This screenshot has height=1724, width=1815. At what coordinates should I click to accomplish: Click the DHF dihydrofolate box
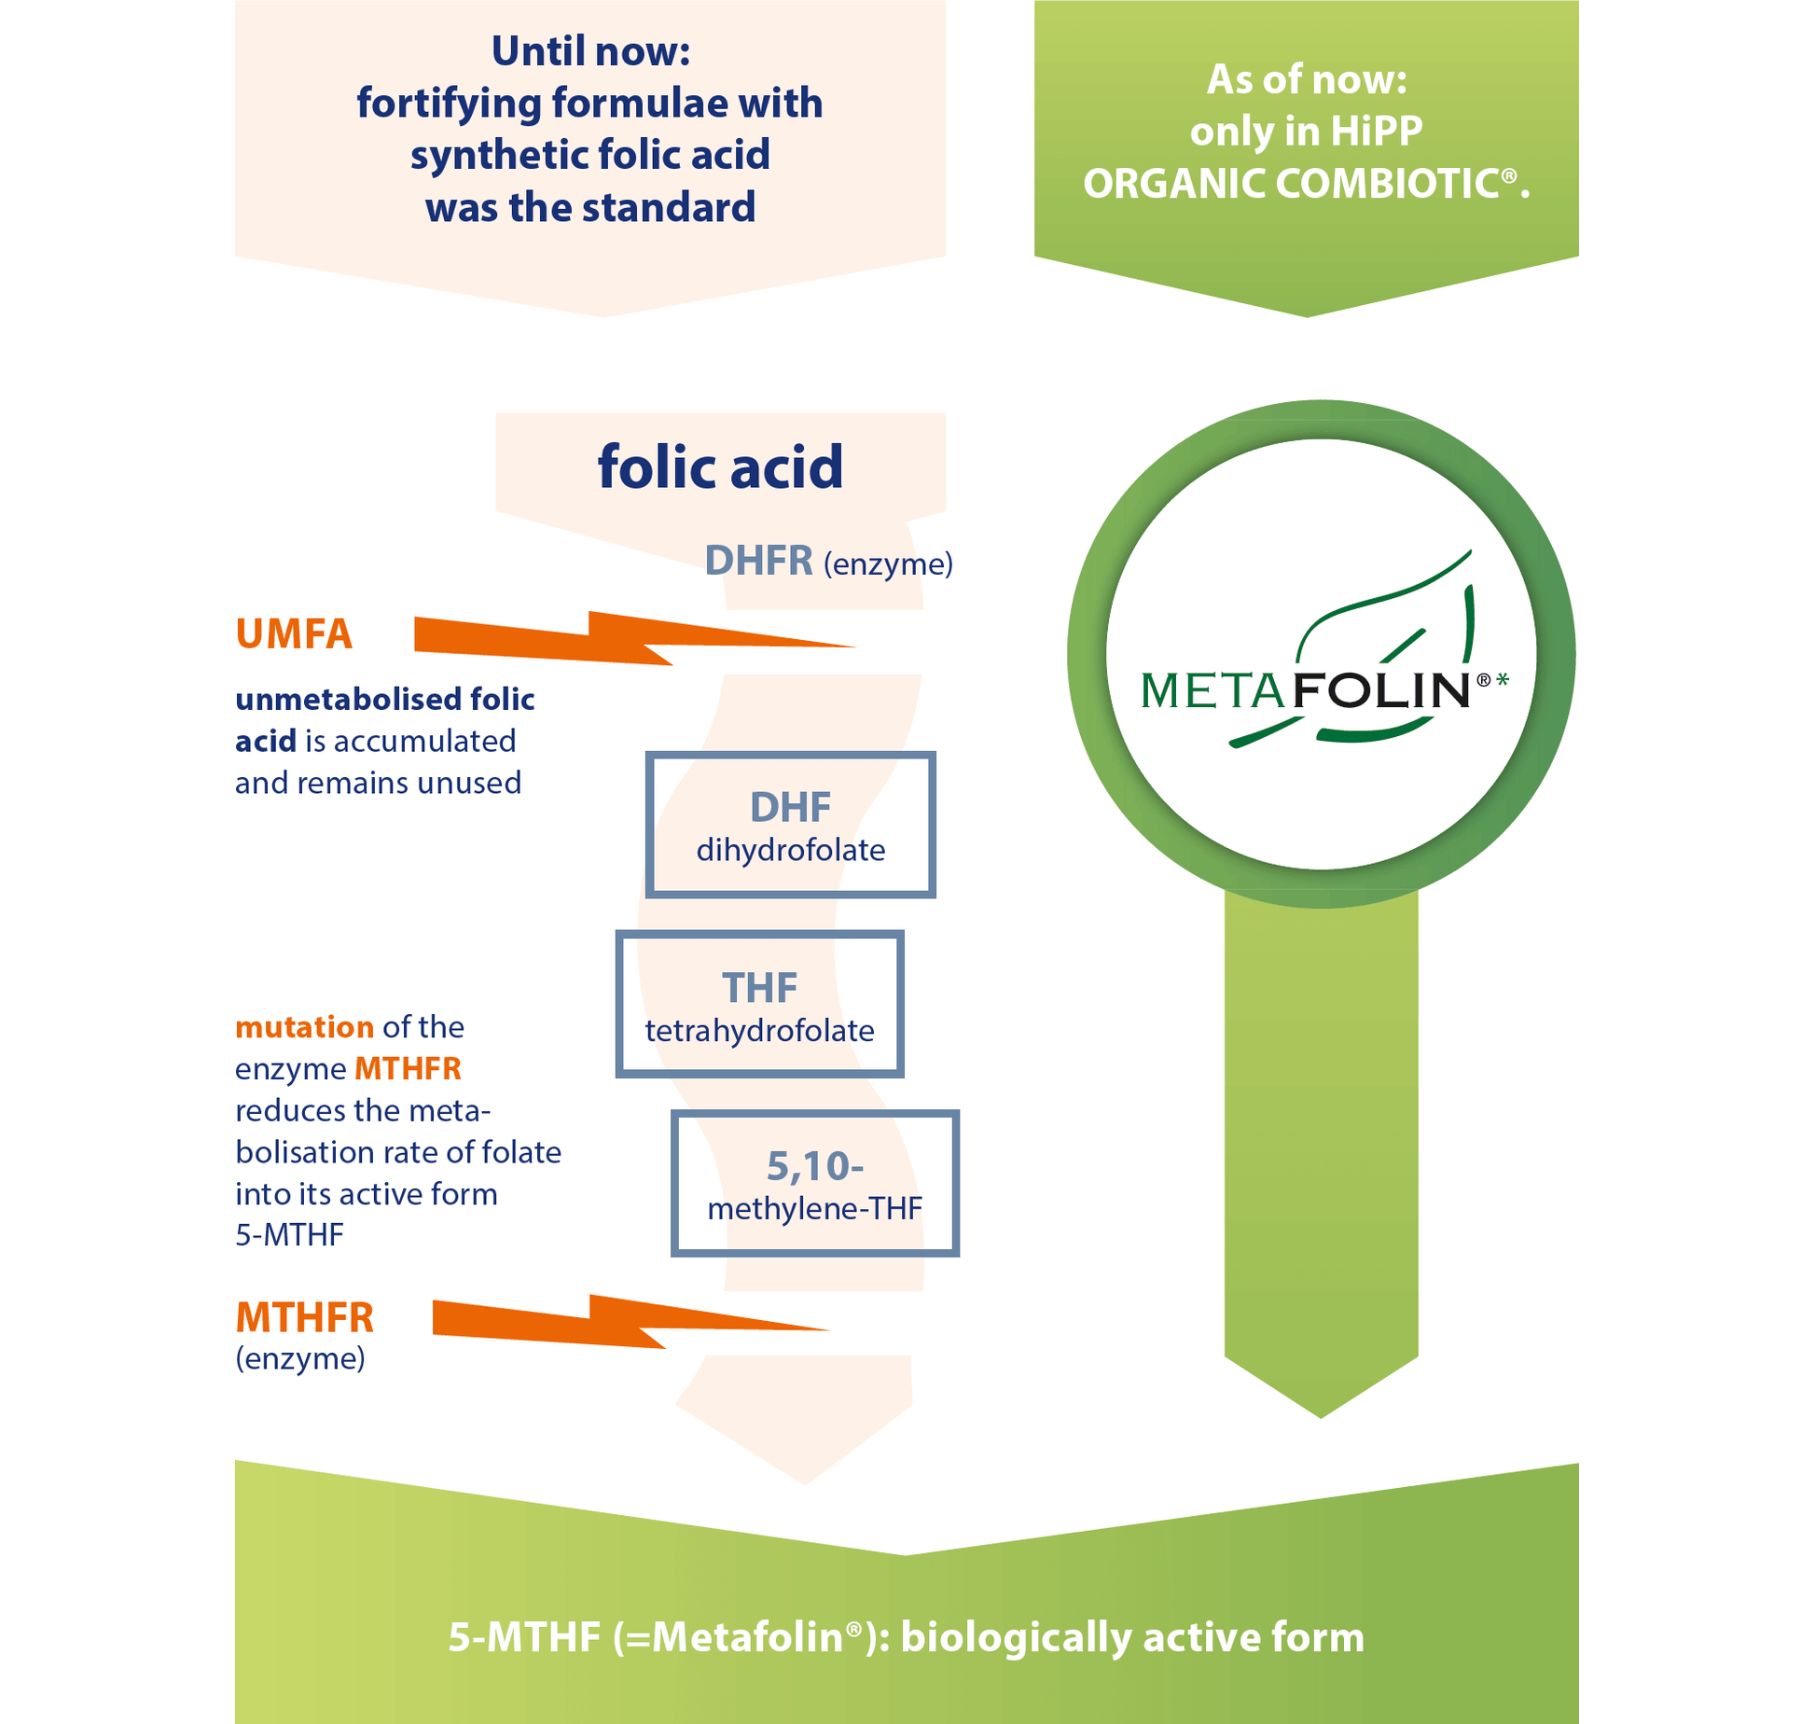point(790,825)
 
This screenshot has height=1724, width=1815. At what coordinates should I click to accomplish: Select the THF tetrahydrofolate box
point(759,1004)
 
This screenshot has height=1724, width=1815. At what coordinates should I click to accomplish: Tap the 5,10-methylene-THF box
point(814,1183)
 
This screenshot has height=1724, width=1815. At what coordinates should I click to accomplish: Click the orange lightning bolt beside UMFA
point(616,639)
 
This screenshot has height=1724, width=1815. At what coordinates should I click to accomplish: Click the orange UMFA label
point(294,634)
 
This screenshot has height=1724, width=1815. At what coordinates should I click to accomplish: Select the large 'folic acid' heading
point(720,466)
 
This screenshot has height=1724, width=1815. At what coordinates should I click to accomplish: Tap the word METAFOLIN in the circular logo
point(1305,691)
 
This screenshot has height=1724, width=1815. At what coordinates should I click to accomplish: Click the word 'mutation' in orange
point(304,1027)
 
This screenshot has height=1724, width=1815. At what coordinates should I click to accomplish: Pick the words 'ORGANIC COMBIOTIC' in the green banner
point(1292,184)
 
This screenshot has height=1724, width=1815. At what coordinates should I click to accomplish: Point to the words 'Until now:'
point(590,51)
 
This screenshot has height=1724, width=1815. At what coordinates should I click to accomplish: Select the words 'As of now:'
point(1307,79)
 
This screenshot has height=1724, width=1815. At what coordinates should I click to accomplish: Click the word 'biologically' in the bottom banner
point(1015,1637)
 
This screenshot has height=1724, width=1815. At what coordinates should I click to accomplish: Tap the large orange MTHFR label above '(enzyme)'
point(304,1317)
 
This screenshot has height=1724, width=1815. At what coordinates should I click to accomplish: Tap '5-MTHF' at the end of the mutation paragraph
point(289,1235)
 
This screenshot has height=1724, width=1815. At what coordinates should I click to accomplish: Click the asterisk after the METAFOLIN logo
point(1503,680)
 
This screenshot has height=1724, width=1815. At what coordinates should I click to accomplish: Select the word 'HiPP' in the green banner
point(1376,132)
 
